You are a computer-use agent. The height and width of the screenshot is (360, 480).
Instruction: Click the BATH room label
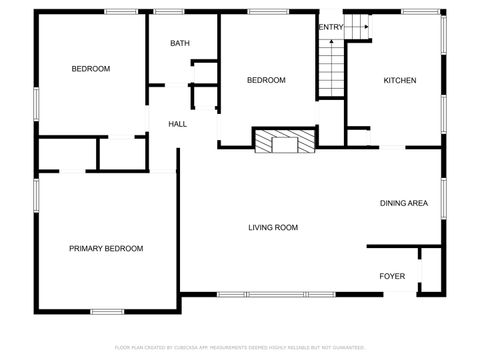tap(180, 43)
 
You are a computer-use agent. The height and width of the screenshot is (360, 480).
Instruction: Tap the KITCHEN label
tap(400, 80)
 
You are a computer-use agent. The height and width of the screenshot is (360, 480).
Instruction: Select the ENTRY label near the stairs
tap(330, 27)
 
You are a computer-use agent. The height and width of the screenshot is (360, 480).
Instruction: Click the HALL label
tap(177, 124)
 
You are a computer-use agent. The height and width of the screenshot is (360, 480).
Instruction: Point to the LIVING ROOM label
tap(273, 228)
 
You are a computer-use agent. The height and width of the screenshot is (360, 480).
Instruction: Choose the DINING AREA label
tap(404, 204)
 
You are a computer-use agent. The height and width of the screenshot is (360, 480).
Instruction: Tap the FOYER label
tap(392, 276)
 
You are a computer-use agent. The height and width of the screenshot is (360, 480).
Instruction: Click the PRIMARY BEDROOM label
tap(105, 248)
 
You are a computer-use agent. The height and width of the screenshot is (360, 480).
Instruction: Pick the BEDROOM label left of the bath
tap(90, 69)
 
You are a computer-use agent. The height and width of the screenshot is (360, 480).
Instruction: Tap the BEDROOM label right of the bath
tap(267, 80)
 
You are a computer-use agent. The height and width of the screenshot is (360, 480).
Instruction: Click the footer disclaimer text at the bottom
tap(240, 347)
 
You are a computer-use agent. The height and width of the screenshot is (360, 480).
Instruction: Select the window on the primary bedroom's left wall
tap(36, 195)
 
